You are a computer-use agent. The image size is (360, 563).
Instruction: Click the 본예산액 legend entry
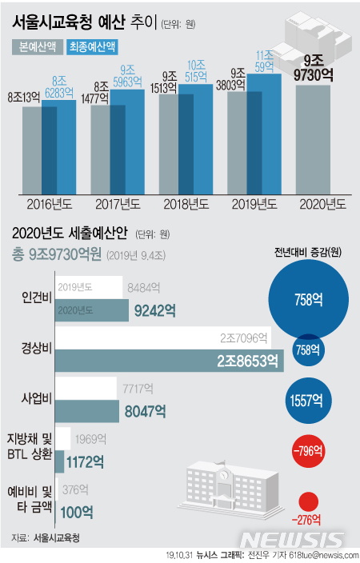pyautogui.click(x=38, y=46)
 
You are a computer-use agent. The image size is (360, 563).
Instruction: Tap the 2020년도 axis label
pyautogui.click(x=323, y=203)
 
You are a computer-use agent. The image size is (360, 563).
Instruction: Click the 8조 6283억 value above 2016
pyautogui.click(x=63, y=86)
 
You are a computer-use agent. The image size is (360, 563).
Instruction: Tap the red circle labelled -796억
pyautogui.click(x=308, y=451)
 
